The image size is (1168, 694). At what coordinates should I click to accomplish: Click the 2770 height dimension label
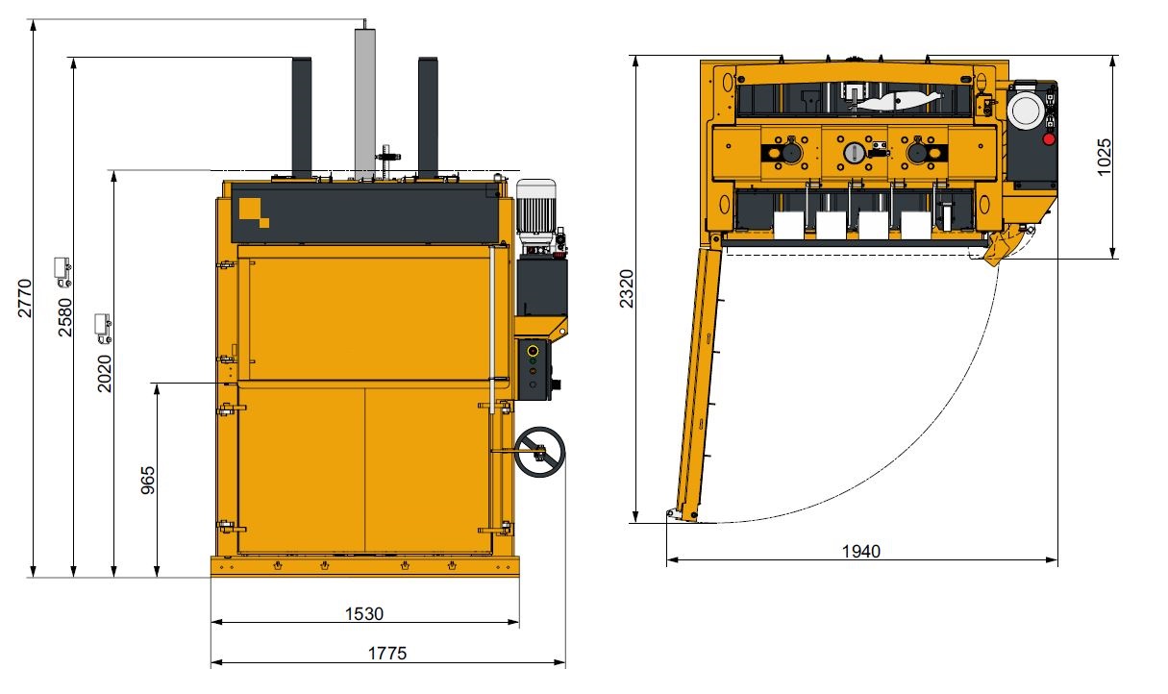24,298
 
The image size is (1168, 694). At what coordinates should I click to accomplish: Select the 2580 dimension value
64,317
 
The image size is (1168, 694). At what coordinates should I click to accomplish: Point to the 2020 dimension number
105,373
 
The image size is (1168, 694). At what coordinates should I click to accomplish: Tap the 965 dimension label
148,481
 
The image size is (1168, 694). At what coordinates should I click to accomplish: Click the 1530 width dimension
364,613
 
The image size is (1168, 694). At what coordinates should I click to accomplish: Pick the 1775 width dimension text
387,654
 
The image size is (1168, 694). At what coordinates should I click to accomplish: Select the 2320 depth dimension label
626,288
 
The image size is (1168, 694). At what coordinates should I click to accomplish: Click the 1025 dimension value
1104,157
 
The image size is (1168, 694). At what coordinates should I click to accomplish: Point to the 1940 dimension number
861,551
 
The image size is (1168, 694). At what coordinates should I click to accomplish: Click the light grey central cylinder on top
365,103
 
